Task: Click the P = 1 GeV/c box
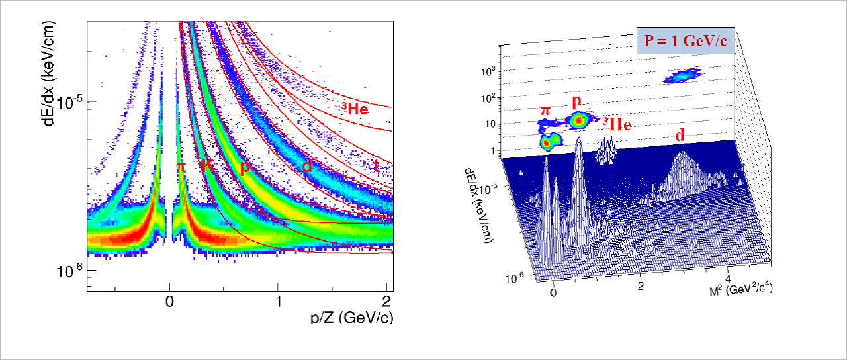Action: (x=685, y=42)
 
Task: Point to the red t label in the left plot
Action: (x=376, y=166)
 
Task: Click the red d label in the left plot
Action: (x=307, y=166)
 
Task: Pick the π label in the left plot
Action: (x=181, y=167)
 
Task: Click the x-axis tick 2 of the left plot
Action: (x=386, y=301)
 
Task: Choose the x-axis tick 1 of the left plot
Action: (x=278, y=301)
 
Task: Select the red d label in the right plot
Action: (x=679, y=136)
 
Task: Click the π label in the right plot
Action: (x=545, y=110)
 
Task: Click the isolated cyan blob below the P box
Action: (x=682, y=77)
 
